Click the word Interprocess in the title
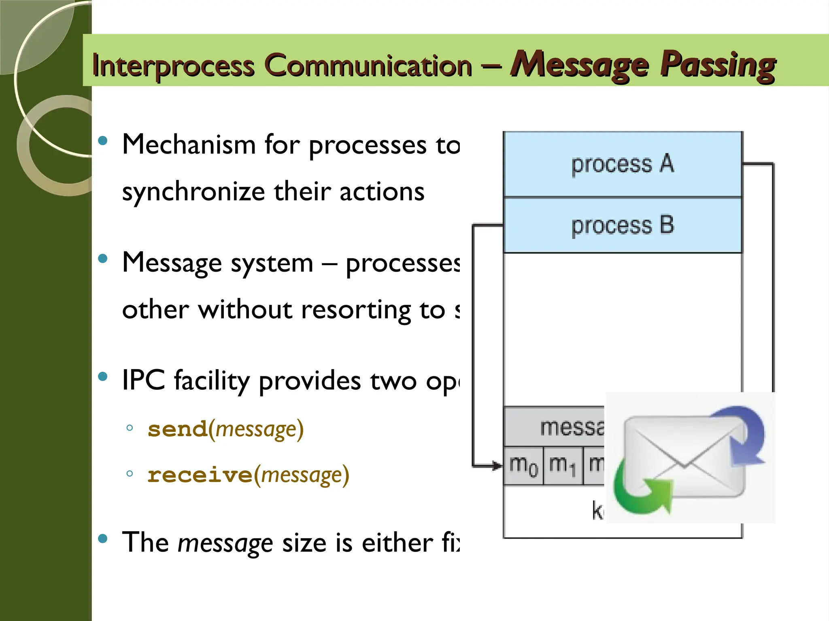(173, 66)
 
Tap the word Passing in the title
(718, 65)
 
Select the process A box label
(622, 164)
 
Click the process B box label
(622, 225)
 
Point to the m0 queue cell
(523, 465)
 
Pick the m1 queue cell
(563, 465)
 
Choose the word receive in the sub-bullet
(200, 475)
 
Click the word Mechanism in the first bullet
(189, 144)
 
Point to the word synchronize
(193, 192)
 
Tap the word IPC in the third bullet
(143, 380)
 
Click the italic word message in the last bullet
(225, 543)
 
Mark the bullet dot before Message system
(103, 258)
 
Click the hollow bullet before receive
(130, 474)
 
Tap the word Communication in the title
(368, 66)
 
